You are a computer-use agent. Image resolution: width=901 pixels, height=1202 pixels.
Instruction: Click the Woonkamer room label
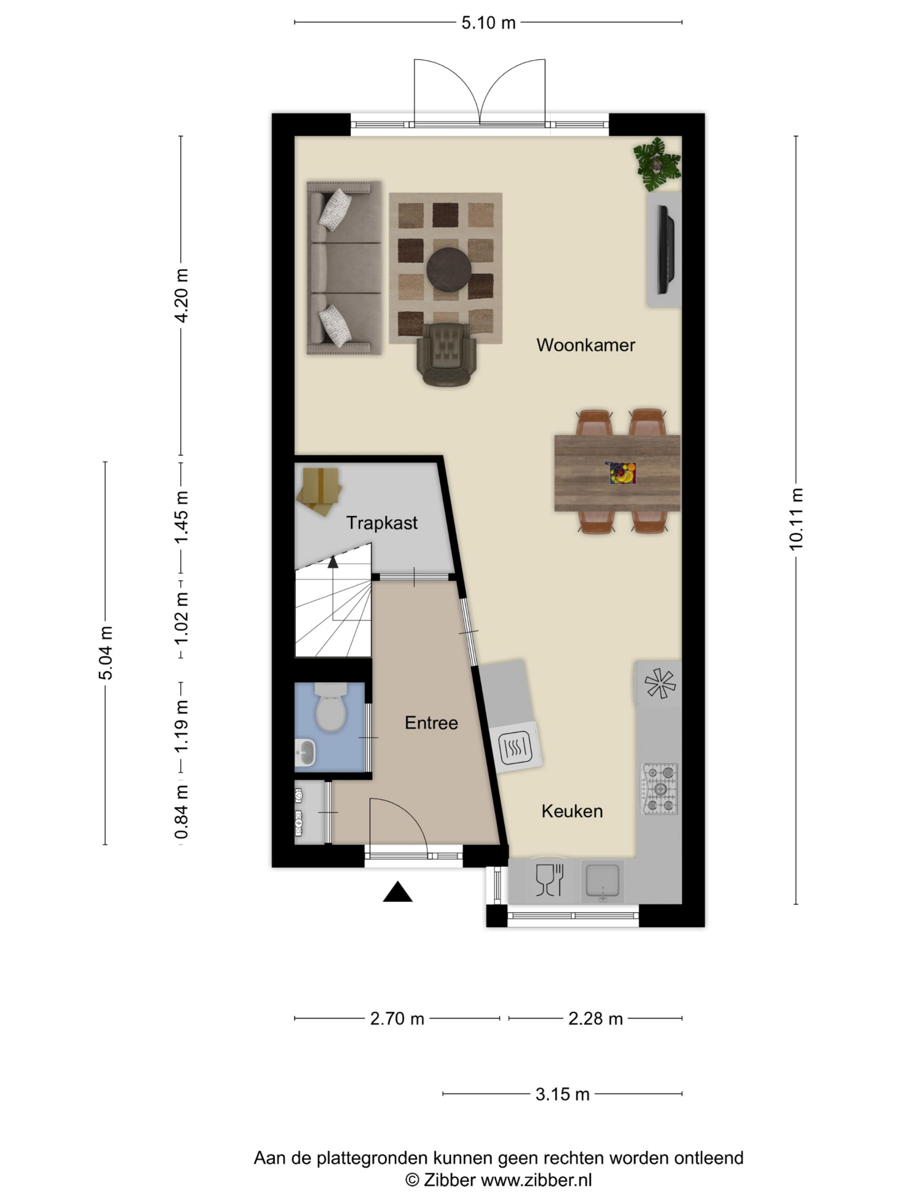[x=586, y=345]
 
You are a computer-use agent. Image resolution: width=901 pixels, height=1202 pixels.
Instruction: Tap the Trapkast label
[x=382, y=523]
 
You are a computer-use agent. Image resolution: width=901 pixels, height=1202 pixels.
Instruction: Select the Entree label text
[x=431, y=723]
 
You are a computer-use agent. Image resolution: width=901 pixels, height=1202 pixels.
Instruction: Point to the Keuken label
[x=572, y=811]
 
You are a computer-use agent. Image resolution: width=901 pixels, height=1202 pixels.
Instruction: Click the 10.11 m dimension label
[x=795, y=519]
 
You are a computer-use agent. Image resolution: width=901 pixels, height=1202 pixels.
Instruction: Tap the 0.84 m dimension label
[x=182, y=812]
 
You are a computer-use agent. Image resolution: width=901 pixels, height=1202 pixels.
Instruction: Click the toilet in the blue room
[x=331, y=707]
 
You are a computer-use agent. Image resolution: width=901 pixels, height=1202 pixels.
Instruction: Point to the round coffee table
[x=449, y=270]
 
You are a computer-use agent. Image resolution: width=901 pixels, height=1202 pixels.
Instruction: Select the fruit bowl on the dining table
[x=622, y=473]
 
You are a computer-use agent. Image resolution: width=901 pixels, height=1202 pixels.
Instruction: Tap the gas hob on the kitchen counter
[x=660, y=788]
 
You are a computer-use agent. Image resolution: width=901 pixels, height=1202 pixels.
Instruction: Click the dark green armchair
[x=446, y=354]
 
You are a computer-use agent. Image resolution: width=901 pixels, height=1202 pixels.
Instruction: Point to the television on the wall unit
[x=666, y=250]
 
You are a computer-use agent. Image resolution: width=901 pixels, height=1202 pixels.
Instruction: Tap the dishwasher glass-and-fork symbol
[x=550, y=880]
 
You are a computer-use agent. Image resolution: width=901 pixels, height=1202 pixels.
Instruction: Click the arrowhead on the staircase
[x=333, y=562]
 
